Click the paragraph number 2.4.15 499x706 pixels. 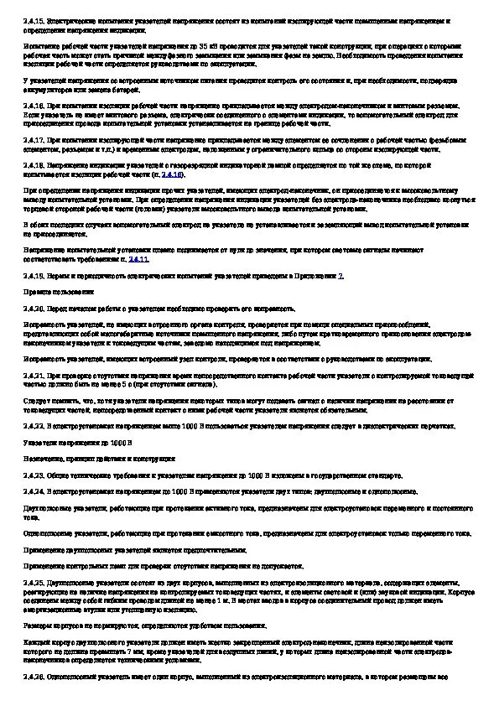pos(33,18)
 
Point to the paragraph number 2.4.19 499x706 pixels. pos(33,276)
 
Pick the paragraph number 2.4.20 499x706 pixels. pos(33,309)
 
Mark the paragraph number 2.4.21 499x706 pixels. pos(33,376)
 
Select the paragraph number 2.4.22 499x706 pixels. pos(33,426)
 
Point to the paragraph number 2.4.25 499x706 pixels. pos(33,582)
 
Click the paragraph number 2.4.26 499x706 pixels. pos(33,675)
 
